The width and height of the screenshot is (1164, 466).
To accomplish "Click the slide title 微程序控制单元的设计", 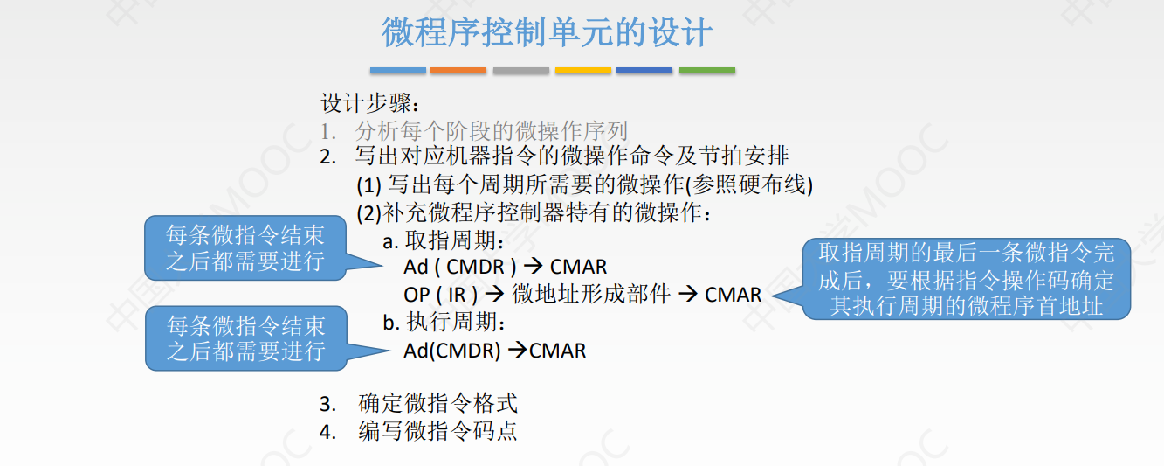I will pos(548,33).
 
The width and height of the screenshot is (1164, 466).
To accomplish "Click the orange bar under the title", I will pos(458,70).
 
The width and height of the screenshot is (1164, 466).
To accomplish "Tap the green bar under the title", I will pos(706,70).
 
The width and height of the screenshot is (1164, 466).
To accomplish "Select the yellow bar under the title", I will pos(582,70).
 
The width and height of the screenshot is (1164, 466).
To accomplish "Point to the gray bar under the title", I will pos(520,70).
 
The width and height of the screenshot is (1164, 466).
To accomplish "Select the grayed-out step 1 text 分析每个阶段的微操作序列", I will pos(492,131).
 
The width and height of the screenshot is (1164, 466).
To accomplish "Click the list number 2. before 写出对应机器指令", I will pos(327,158).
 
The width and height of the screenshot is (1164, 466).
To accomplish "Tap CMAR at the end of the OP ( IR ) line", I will pos(733,295).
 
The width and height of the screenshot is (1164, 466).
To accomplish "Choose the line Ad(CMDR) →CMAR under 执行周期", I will pos(494,351).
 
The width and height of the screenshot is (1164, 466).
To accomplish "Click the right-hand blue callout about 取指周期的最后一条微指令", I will pos(966,279).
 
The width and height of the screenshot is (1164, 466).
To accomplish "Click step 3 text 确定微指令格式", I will pos(437,404).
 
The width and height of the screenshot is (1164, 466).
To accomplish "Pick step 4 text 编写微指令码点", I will pos(437,431).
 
